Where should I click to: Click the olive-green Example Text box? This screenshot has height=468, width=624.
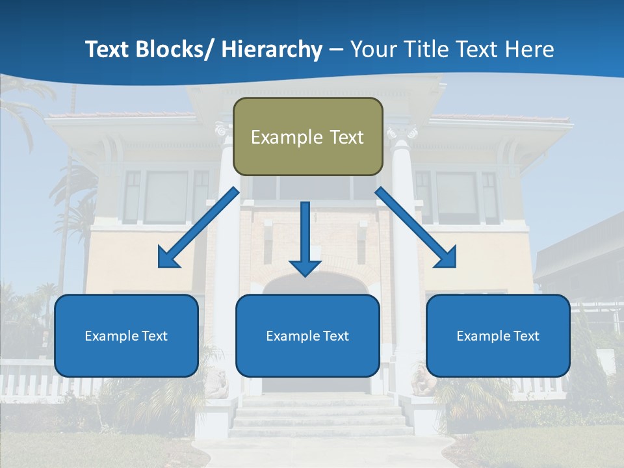307,136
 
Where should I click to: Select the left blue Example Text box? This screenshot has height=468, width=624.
126,336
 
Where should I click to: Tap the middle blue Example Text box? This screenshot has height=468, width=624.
307,336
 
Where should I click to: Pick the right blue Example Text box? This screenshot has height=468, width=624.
498,336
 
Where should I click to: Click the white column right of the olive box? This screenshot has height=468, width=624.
404,260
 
